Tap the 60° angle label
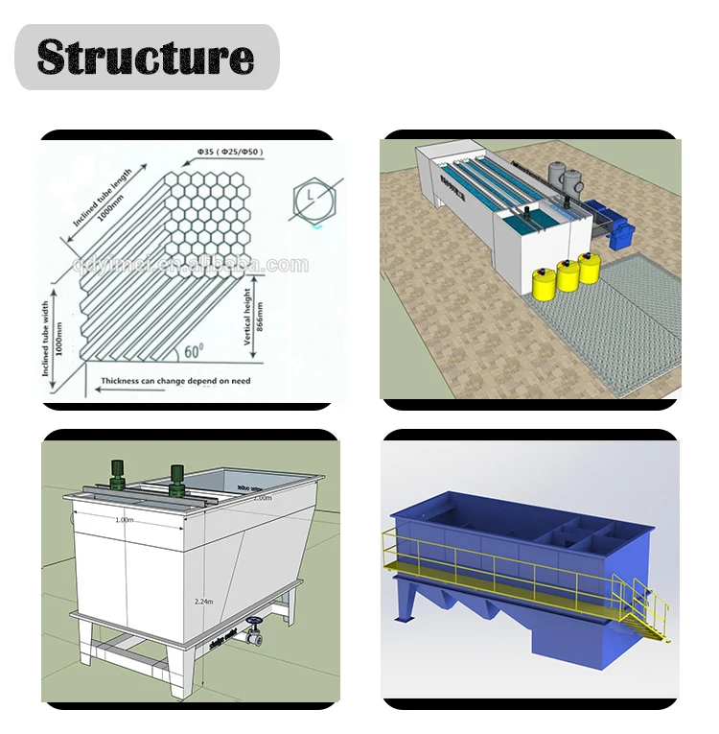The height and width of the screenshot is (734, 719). click(x=194, y=352)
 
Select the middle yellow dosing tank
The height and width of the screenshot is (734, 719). click(x=568, y=274)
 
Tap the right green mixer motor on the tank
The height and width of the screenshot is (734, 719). click(x=176, y=480)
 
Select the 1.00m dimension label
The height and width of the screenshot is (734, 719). click(x=124, y=519)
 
